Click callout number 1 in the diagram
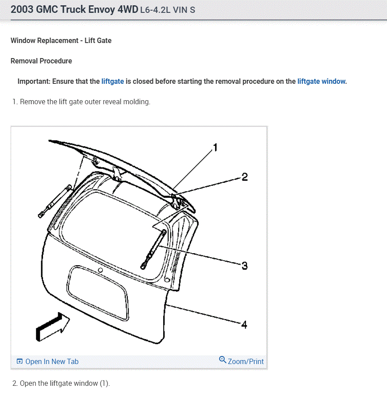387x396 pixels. click(x=215, y=148)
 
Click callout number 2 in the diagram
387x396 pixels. click(x=244, y=177)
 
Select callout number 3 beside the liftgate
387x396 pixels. click(x=244, y=266)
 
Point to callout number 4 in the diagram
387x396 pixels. click(x=244, y=325)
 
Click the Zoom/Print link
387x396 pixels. click(x=246, y=361)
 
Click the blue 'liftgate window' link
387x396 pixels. click(x=321, y=81)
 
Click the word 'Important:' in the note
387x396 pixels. click(x=34, y=81)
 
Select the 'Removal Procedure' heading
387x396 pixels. click(x=41, y=61)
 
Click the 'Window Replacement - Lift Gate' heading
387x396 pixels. click(x=61, y=40)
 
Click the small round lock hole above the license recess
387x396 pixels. click(x=101, y=270)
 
